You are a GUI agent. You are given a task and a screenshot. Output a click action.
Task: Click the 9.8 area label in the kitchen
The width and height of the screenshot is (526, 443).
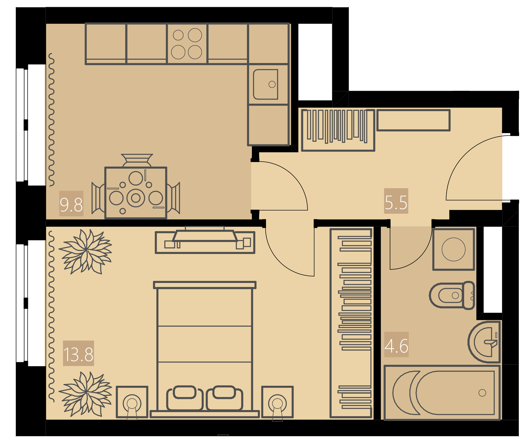tap(71, 205)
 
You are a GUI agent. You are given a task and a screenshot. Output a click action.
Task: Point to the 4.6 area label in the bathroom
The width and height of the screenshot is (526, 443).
tap(396, 346)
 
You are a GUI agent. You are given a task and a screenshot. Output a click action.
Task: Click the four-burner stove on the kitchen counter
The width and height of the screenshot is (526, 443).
tap(187, 44)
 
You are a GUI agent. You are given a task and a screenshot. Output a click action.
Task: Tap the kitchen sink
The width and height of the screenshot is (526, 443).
tap(266, 84)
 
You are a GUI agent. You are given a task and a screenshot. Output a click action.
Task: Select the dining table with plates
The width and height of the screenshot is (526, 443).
tap(136, 193)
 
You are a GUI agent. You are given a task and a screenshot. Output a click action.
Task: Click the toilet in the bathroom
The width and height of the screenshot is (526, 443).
tap(452, 295)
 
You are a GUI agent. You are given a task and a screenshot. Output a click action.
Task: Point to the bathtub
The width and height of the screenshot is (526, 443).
tap(442, 392)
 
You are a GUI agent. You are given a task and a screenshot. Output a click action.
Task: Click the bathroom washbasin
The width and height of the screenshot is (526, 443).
tap(484, 342)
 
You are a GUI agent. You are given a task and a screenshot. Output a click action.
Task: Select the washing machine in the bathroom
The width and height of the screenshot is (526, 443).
tap(454, 249)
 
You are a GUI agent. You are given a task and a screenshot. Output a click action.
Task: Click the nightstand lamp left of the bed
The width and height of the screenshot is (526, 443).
tap(132, 402)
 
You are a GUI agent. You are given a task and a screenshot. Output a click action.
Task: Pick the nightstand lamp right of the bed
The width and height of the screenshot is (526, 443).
tap(277, 402)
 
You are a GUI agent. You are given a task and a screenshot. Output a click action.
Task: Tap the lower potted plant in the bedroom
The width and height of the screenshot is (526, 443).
tap(85, 394)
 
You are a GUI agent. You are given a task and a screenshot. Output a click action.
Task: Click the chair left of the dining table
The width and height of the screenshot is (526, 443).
tap(98, 198)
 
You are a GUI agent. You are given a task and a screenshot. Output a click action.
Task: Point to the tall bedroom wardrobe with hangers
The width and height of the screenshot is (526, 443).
tap(351, 323)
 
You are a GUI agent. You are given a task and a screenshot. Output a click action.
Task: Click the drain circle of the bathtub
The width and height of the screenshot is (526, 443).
tap(482, 393)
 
